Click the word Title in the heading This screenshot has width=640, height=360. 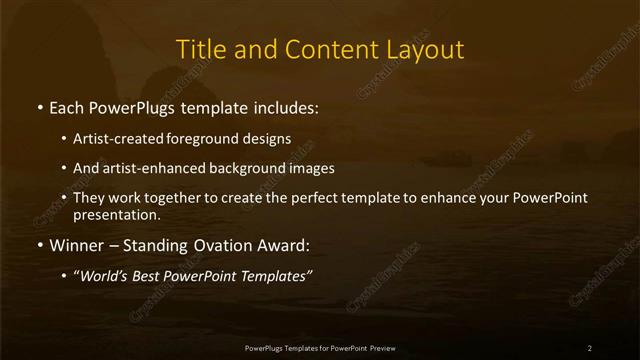[x=199, y=49]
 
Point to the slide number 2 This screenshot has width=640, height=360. [x=589, y=348]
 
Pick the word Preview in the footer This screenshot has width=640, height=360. [x=380, y=348]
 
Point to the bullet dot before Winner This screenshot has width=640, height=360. [x=39, y=244]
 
